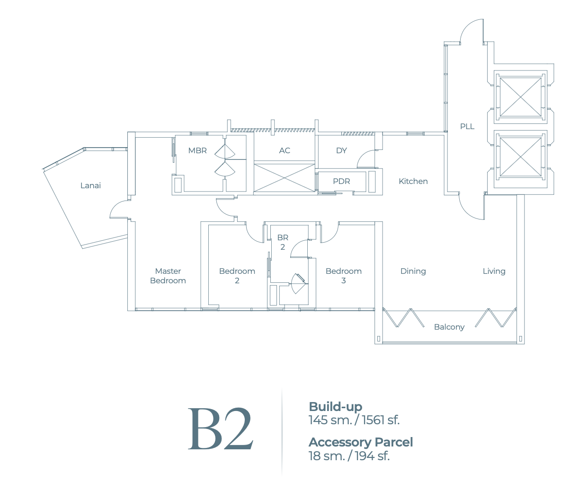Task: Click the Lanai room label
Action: coord(90,185)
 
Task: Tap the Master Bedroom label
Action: coord(168,276)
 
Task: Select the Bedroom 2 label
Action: coord(237,276)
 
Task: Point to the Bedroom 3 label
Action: coord(344,276)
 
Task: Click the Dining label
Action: coord(413,271)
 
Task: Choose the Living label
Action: coord(494,271)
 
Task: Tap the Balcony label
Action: coord(449,327)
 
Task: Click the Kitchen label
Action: coord(413,181)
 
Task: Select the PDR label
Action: coord(341,181)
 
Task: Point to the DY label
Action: coord(341,150)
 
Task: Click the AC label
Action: coord(285,150)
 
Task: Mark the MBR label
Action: coord(197,150)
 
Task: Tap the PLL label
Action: coord(467,126)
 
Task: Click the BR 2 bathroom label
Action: coord(283,242)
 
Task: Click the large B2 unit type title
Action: coord(221,429)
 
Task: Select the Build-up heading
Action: coord(335,406)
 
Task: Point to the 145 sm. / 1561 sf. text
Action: coord(354,420)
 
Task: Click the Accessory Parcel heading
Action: coord(361,442)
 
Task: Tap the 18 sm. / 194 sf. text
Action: coord(349,455)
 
